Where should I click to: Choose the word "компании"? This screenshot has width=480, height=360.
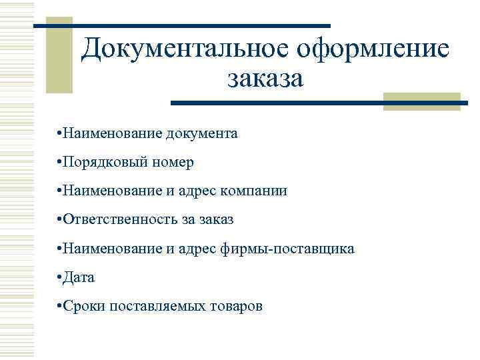tap(257, 191)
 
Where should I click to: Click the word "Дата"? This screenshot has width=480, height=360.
tap(79, 277)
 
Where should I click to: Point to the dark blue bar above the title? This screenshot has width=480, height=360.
tap(181, 25)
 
